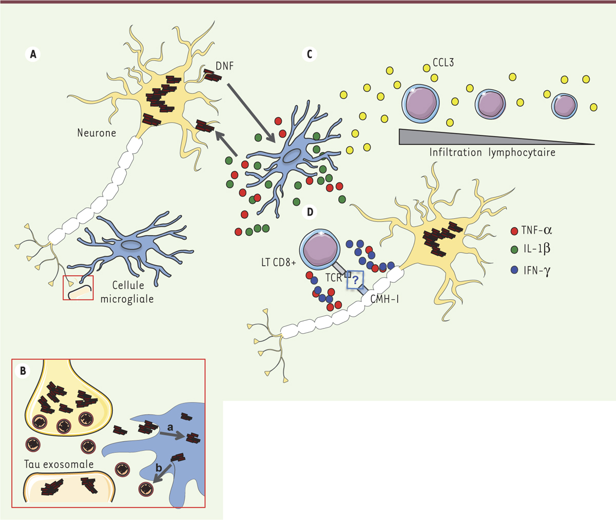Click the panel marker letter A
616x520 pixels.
pos(33,54)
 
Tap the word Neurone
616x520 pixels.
pos(97,133)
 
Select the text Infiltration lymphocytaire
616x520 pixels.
pos(492,152)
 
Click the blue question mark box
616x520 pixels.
pos(355,280)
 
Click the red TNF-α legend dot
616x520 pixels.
pos(514,230)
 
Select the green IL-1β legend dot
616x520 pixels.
pos(514,249)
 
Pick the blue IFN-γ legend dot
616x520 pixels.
pos(514,268)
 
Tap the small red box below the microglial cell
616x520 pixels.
pos(79,287)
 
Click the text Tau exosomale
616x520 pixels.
pos(59,464)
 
